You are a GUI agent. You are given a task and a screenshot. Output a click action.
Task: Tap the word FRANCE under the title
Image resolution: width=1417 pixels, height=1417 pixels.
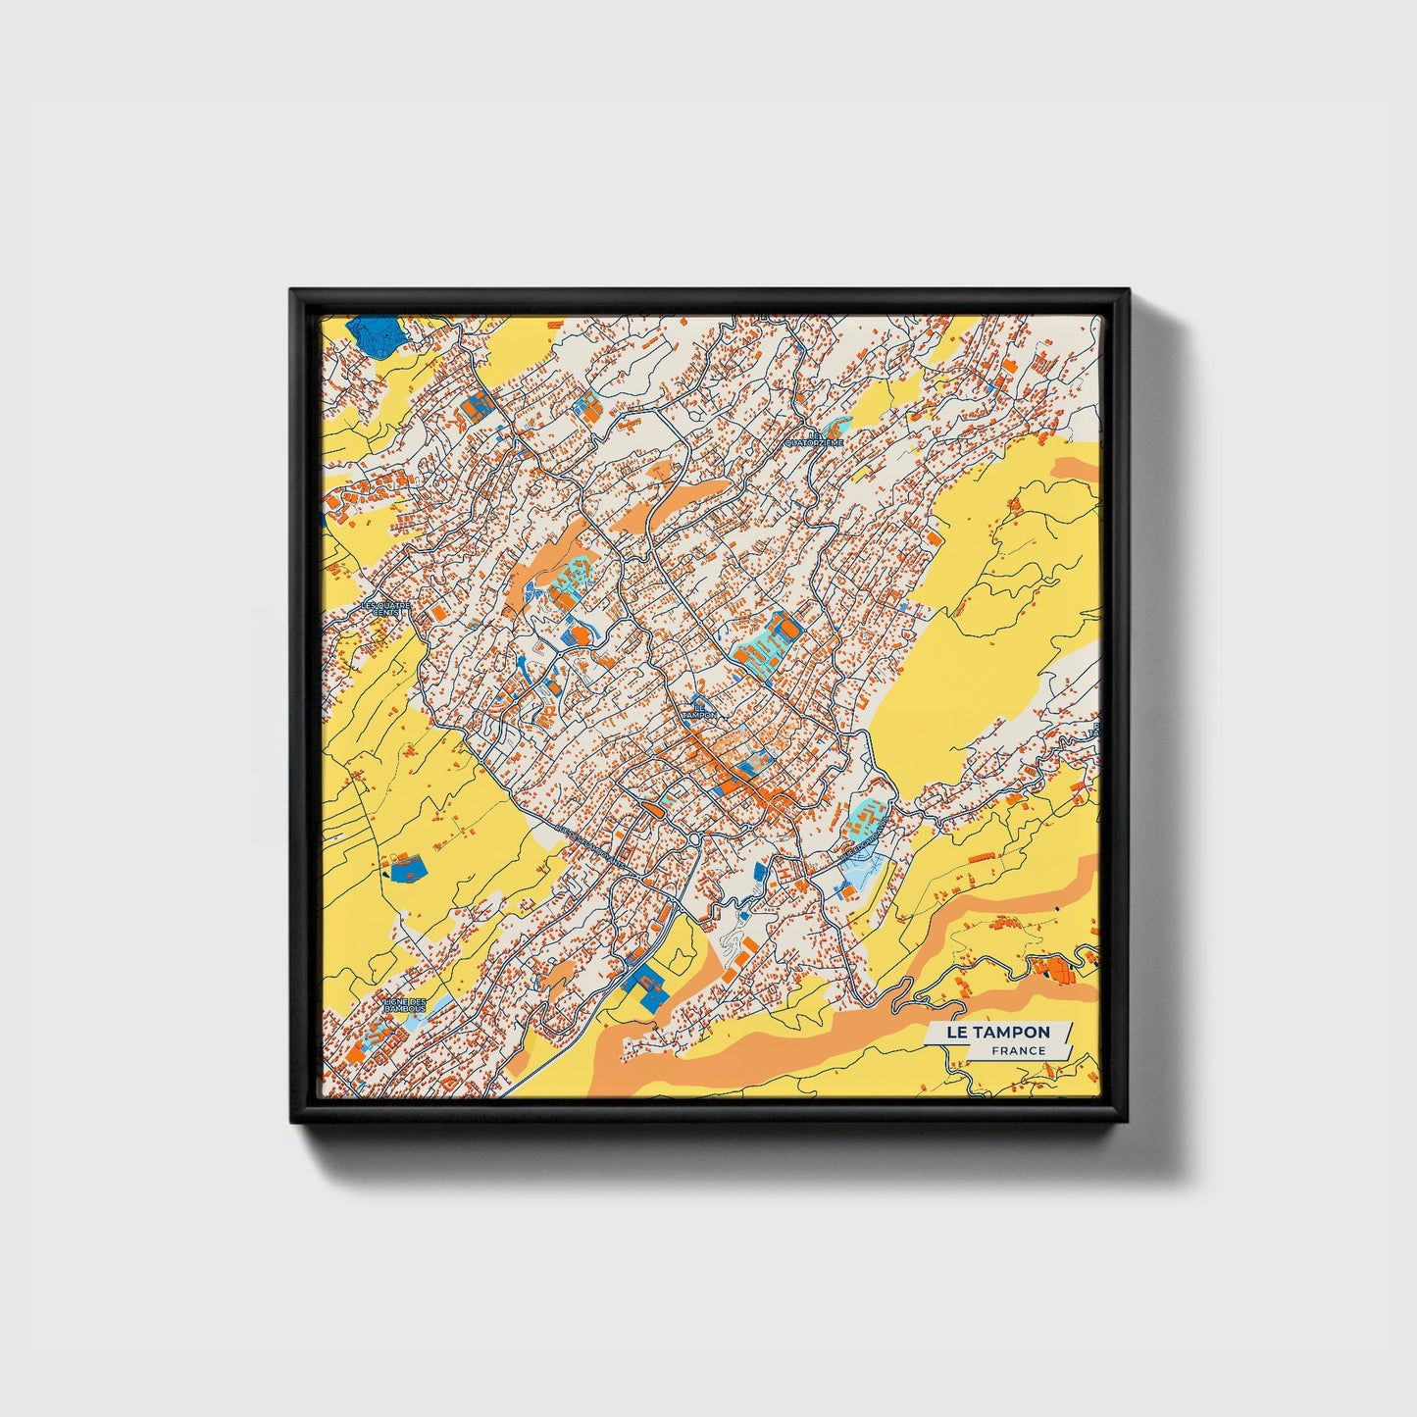coord(1018,1051)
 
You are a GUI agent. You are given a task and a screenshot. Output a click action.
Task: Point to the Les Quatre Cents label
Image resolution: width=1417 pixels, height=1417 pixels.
coord(385,608)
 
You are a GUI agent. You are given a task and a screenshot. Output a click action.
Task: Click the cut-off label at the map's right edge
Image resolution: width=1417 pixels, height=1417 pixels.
coord(1094,729)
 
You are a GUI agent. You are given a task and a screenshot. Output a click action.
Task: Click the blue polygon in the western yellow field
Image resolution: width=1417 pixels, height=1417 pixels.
coord(407,867)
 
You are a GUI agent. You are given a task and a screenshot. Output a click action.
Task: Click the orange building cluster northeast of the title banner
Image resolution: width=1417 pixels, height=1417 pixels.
coord(1055,968)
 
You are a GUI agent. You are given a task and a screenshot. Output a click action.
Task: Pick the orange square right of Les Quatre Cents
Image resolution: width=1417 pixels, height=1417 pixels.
coord(438,611)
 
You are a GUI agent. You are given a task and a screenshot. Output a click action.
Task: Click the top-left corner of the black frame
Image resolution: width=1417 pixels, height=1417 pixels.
coord(292,292)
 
